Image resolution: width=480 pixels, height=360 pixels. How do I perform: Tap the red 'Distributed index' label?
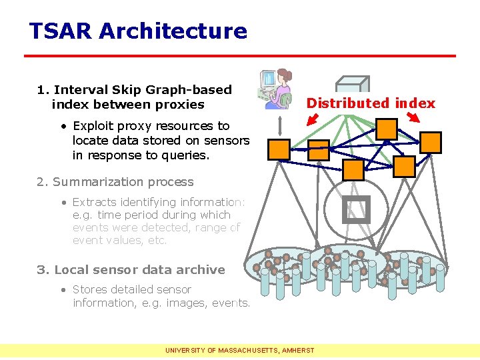pos(371,103)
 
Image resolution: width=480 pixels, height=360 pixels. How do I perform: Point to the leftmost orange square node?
pos(278,149)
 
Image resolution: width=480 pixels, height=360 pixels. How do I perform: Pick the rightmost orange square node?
pos(431,142)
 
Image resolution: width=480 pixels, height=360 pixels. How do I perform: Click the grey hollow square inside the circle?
pos(355,210)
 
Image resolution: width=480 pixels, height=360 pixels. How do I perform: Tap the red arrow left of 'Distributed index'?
pos(312,119)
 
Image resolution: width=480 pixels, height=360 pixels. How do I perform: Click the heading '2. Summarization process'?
pos(115,182)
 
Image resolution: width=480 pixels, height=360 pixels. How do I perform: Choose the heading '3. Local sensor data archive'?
pos(131,270)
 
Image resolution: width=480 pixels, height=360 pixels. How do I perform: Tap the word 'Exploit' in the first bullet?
pos(95,126)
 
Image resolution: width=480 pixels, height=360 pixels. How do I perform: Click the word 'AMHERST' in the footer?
pos(298,349)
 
